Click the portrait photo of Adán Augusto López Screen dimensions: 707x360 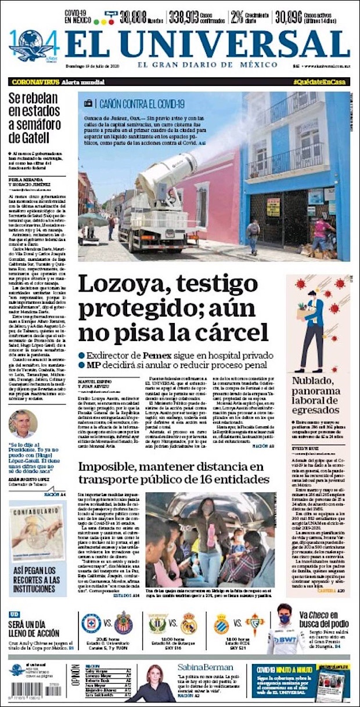tap(23, 424)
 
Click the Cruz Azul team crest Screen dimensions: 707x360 tap(91, 623)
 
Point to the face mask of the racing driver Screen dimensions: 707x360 tap(285, 619)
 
